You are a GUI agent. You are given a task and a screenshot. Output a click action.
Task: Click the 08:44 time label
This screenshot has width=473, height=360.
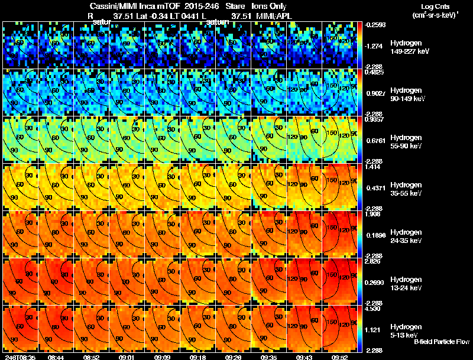(x=56, y=357)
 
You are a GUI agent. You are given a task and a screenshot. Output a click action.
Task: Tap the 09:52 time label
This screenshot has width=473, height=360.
(x=341, y=357)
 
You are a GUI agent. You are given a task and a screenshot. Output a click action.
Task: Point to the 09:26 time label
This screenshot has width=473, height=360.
(x=234, y=357)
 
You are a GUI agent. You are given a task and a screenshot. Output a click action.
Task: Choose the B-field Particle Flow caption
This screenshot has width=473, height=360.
(x=441, y=342)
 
